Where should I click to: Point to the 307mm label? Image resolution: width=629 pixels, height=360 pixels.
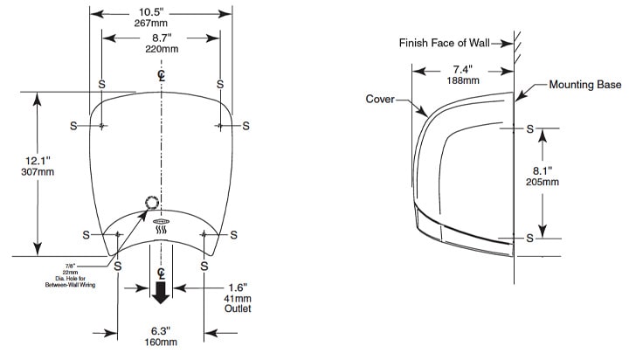(37, 172)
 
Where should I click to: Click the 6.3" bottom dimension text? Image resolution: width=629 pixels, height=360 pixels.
(160, 332)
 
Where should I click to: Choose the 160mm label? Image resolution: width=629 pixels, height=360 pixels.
(160, 344)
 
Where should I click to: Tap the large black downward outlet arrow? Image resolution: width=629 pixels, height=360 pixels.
(161, 294)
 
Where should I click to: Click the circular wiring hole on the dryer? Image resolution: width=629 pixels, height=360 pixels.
(152, 203)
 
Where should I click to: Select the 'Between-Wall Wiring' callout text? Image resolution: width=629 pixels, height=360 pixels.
(70, 285)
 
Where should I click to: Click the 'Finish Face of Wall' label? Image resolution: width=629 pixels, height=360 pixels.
(445, 42)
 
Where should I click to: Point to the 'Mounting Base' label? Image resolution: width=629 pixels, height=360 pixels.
(584, 85)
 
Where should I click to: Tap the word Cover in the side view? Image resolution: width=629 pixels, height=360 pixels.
(380, 99)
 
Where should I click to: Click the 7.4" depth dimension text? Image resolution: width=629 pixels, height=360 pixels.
(464, 68)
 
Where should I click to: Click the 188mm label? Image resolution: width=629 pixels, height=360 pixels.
(464, 80)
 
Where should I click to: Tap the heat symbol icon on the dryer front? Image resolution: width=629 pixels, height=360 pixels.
(161, 230)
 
